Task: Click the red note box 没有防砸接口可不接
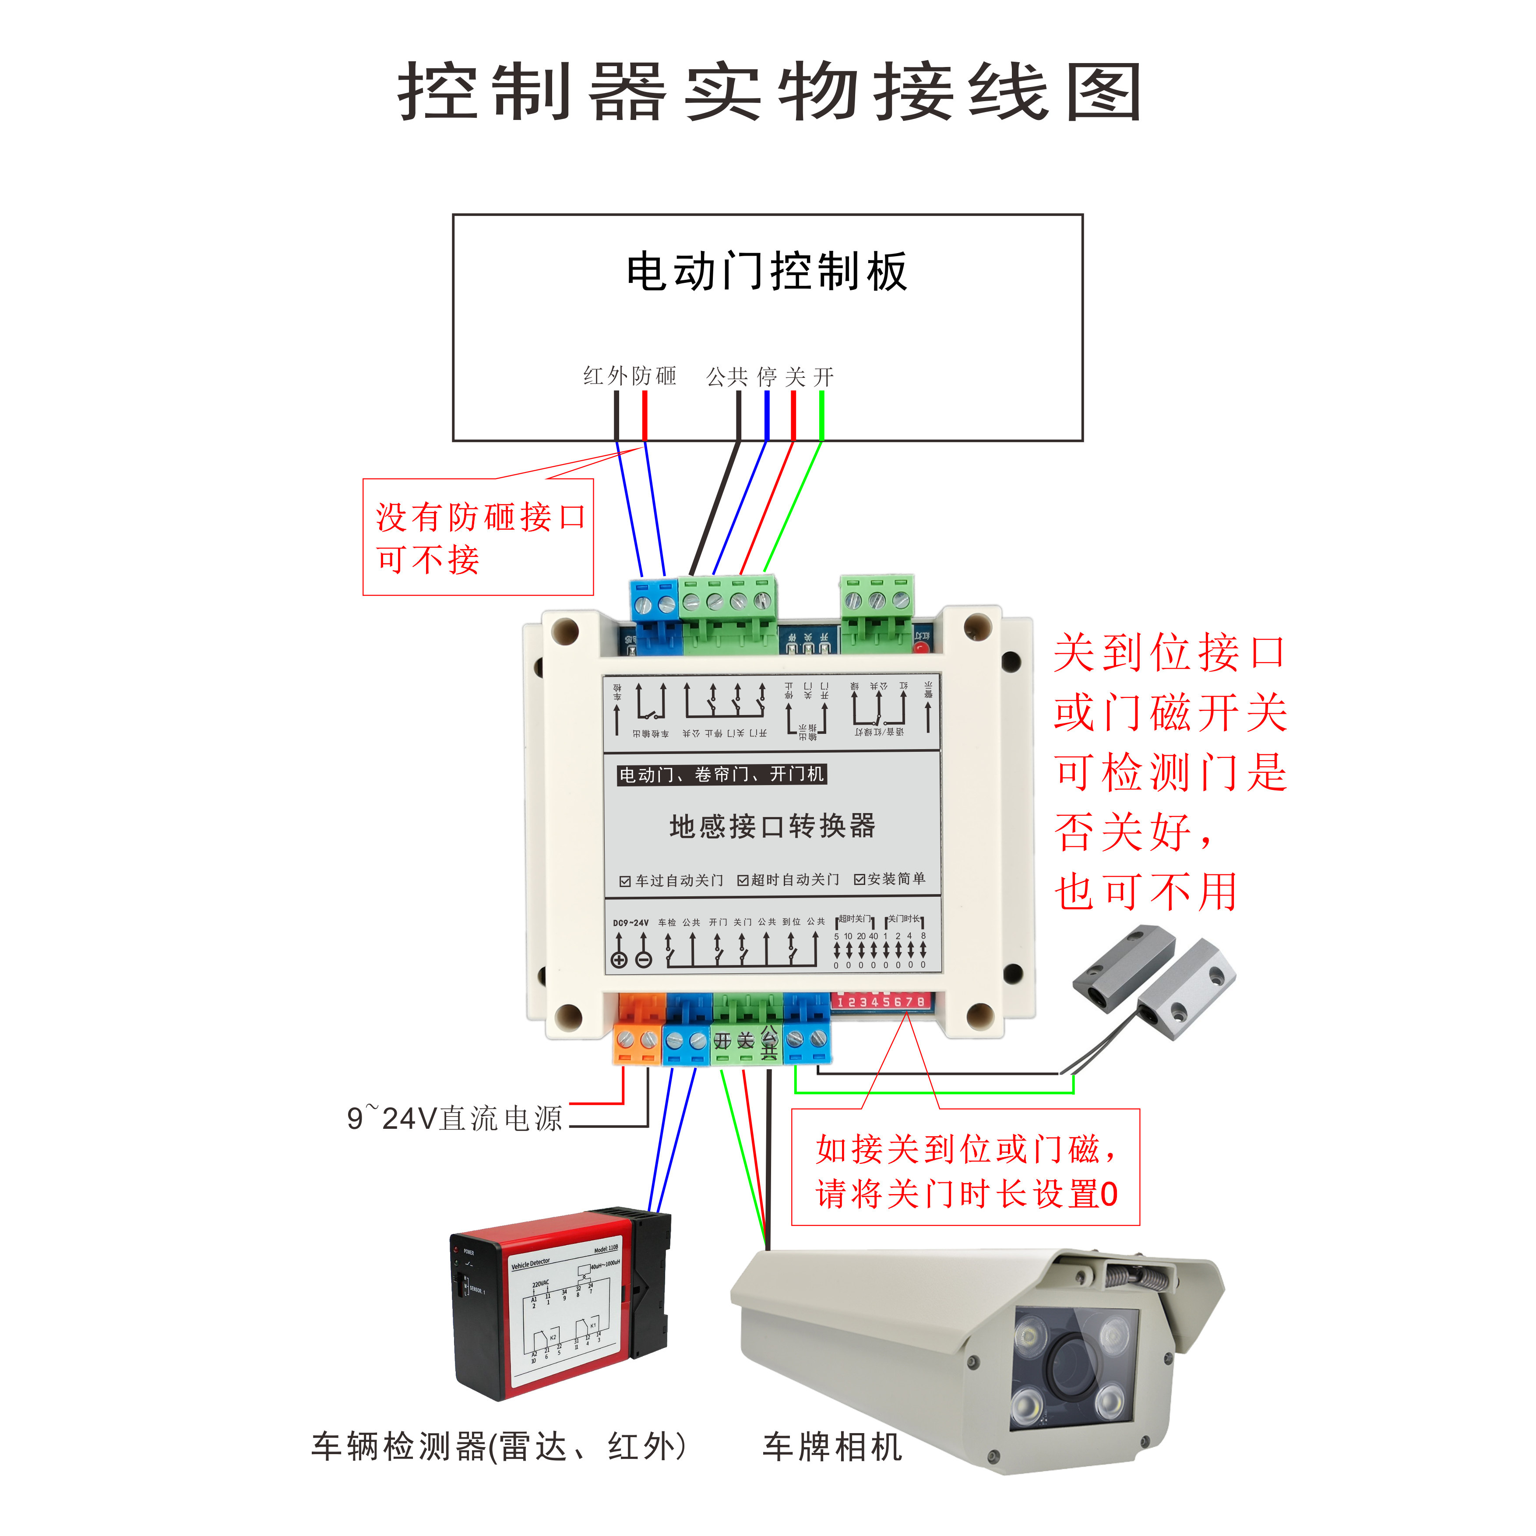[x=478, y=537]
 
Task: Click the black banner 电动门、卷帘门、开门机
[x=722, y=775]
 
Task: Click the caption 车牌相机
[x=831, y=1446]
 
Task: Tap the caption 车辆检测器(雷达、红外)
[x=498, y=1446]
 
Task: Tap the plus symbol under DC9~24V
[x=619, y=960]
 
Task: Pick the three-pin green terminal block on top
[x=877, y=604]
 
